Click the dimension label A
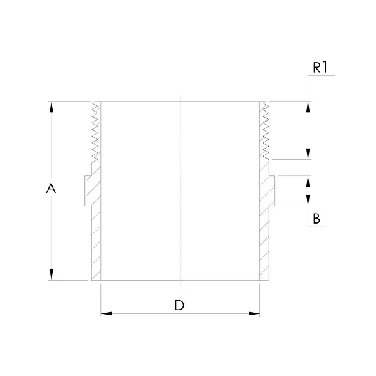(51, 188)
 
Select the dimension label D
(179, 305)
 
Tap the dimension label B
(316, 219)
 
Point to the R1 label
(320, 68)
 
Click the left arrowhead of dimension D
(107, 313)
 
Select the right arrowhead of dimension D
(254, 313)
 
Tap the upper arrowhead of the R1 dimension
(308, 107)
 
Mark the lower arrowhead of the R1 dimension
(308, 154)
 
